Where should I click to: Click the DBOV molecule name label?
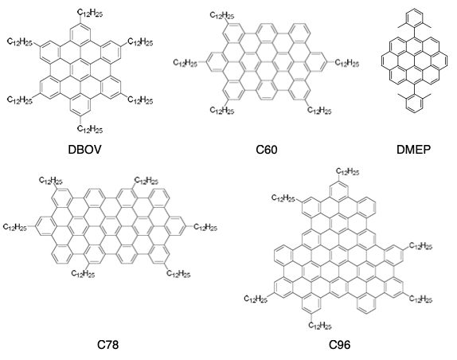[84, 150]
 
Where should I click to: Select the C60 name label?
[267, 150]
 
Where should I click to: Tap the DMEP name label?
[413, 150]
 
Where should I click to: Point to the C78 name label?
[107, 345]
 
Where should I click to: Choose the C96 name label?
[339, 345]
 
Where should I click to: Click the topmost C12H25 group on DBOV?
[90, 13]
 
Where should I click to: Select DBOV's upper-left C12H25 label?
[20, 42]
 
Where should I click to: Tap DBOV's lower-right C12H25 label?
[140, 100]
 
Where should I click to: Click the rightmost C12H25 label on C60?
[347, 63]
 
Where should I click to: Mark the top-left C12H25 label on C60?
[222, 15]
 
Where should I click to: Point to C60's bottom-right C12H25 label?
[319, 111]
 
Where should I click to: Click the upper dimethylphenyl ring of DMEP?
[414, 19]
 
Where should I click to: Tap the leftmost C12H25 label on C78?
[15, 227]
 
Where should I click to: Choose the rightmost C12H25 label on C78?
[205, 227]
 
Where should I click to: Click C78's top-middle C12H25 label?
[146, 181]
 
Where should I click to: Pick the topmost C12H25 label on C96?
[348, 171]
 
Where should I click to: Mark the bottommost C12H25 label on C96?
[320, 325]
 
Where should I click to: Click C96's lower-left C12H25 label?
[256, 299]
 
